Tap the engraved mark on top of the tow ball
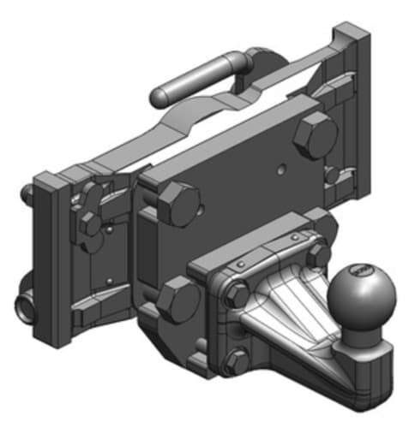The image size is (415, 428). [360, 272]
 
